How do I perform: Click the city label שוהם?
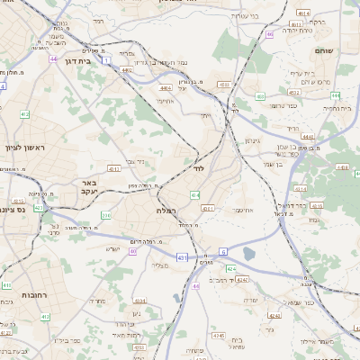[325, 50]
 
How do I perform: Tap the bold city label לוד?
[197, 168]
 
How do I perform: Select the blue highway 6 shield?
[223, 251]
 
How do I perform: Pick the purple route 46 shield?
[270, 35]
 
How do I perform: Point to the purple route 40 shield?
[195, 285]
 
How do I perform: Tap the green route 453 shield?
[259, 95]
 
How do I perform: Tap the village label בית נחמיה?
[331, 108]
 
